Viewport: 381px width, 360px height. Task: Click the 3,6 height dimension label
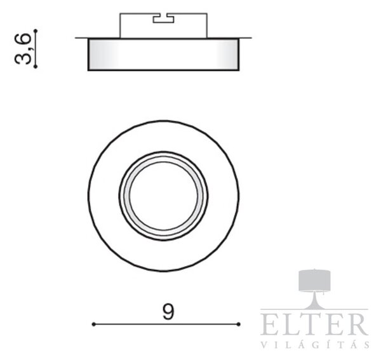pyautogui.click(x=23, y=49)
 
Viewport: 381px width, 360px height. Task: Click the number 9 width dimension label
pyautogui.click(x=168, y=312)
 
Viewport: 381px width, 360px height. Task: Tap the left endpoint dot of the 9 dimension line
pyautogui.click(x=93, y=324)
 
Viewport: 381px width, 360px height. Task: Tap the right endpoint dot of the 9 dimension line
pyautogui.click(x=238, y=324)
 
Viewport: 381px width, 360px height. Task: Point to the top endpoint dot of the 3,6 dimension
pyautogui.click(x=36, y=30)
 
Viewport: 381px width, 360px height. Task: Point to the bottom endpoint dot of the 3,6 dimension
pyautogui.click(x=36, y=66)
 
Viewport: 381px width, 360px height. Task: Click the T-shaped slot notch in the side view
pyautogui.click(x=163, y=18)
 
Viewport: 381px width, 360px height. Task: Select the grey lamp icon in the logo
pyautogui.click(x=314, y=289)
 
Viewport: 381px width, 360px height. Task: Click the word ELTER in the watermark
pyautogui.click(x=314, y=324)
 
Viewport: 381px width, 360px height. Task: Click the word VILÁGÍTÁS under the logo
pyautogui.click(x=315, y=344)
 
